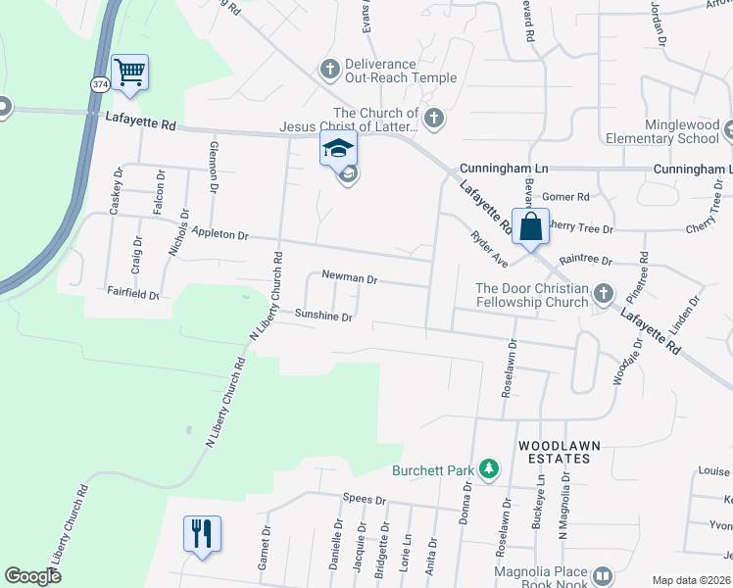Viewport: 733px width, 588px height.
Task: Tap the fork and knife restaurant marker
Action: coord(202,534)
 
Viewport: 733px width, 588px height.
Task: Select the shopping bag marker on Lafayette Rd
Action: coord(530,226)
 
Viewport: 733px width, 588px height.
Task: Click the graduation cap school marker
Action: coord(338,149)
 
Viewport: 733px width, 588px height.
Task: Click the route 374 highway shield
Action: coord(99,85)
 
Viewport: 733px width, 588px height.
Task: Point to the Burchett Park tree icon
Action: coord(488,470)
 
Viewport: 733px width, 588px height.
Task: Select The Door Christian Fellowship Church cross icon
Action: coord(604,294)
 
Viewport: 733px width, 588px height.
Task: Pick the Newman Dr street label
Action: coord(350,278)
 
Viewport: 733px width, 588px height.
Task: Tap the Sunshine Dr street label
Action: coord(323,316)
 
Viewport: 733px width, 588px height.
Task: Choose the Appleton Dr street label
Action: coord(221,235)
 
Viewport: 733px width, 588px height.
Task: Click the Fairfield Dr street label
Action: coord(133,292)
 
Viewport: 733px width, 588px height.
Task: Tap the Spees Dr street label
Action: coord(366,498)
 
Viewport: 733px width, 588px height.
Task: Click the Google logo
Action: coord(33,576)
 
